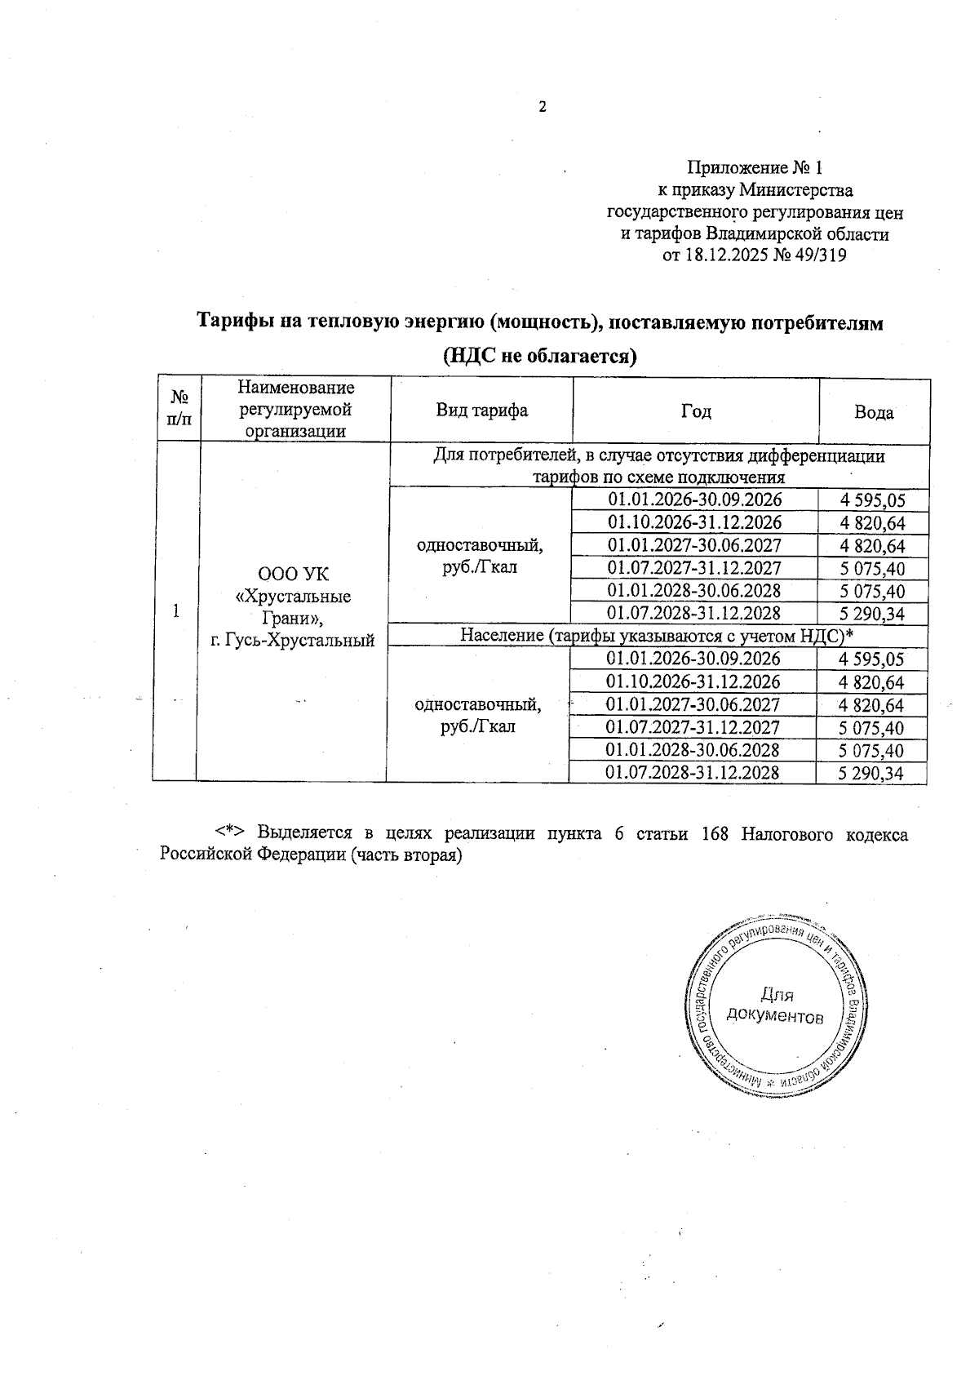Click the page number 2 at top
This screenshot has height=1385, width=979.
click(x=541, y=107)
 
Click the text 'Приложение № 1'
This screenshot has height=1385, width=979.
click(x=755, y=168)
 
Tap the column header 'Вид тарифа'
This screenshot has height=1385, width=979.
click(x=481, y=411)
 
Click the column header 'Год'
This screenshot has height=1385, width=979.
click(x=696, y=411)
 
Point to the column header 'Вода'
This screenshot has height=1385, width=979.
click(x=874, y=412)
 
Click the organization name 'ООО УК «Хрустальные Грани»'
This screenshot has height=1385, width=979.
click(x=293, y=596)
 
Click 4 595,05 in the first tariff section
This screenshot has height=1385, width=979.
click(x=873, y=501)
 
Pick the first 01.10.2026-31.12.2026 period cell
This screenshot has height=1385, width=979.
click(x=695, y=522)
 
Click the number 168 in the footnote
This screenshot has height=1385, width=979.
click(x=715, y=834)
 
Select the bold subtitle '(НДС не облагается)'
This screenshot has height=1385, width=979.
click(x=539, y=357)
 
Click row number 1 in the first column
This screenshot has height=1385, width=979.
click(x=175, y=610)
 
